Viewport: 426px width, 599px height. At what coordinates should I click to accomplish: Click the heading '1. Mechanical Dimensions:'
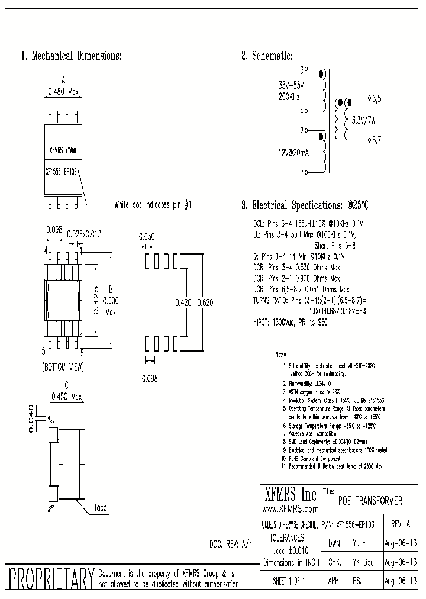point(71,56)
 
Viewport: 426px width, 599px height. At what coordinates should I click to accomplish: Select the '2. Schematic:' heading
point(267,56)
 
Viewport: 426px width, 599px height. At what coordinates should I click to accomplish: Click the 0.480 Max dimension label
point(63,92)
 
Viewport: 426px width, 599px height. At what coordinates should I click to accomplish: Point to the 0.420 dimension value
point(183,302)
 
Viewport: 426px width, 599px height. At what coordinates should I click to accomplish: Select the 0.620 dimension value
point(205,302)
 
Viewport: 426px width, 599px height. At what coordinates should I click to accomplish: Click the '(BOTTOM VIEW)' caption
point(63,367)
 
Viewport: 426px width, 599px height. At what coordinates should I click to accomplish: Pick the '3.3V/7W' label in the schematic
point(363,120)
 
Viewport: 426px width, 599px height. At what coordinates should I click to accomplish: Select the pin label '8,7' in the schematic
point(376,140)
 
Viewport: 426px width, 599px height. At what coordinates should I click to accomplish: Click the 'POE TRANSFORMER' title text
point(370,501)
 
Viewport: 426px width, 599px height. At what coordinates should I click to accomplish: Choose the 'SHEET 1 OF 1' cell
point(289,581)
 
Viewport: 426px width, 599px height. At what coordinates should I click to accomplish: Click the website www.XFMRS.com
point(290,509)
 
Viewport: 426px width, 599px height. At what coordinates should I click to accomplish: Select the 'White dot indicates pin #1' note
point(153,205)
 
